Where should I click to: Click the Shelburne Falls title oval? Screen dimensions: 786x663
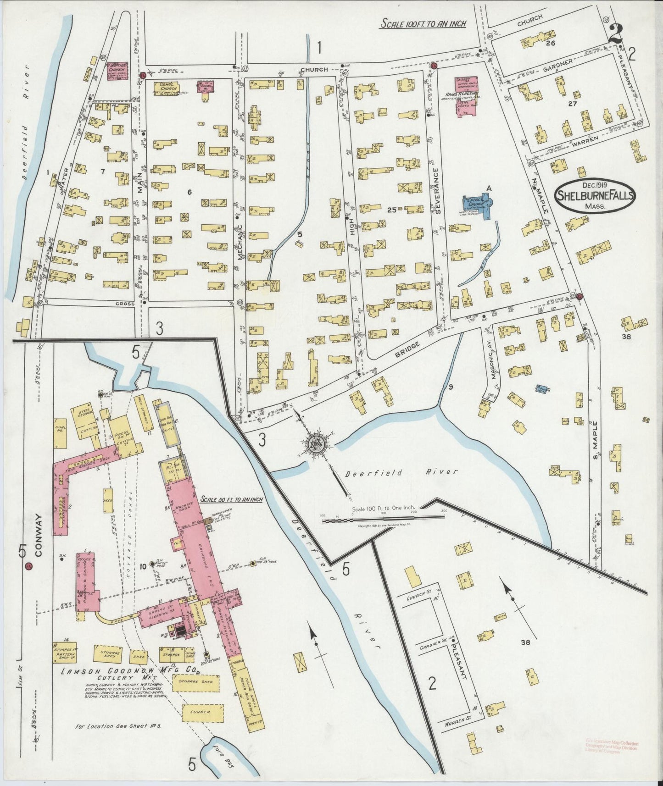click(x=595, y=196)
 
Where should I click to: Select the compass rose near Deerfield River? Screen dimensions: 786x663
click(x=316, y=443)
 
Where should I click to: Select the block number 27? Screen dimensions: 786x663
click(x=572, y=104)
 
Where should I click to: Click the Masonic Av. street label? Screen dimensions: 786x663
click(x=493, y=367)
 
